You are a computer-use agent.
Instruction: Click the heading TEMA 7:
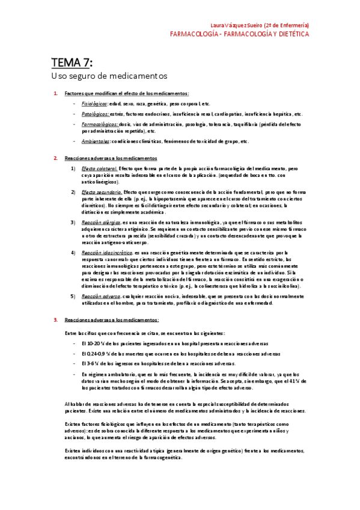click(x=72, y=63)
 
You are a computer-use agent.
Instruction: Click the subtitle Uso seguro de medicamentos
click(x=109, y=76)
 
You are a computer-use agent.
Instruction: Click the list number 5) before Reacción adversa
click(x=73, y=296)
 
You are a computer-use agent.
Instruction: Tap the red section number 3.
click(x=55, y=319)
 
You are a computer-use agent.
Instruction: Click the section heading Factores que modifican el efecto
click(x=126, y=93)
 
